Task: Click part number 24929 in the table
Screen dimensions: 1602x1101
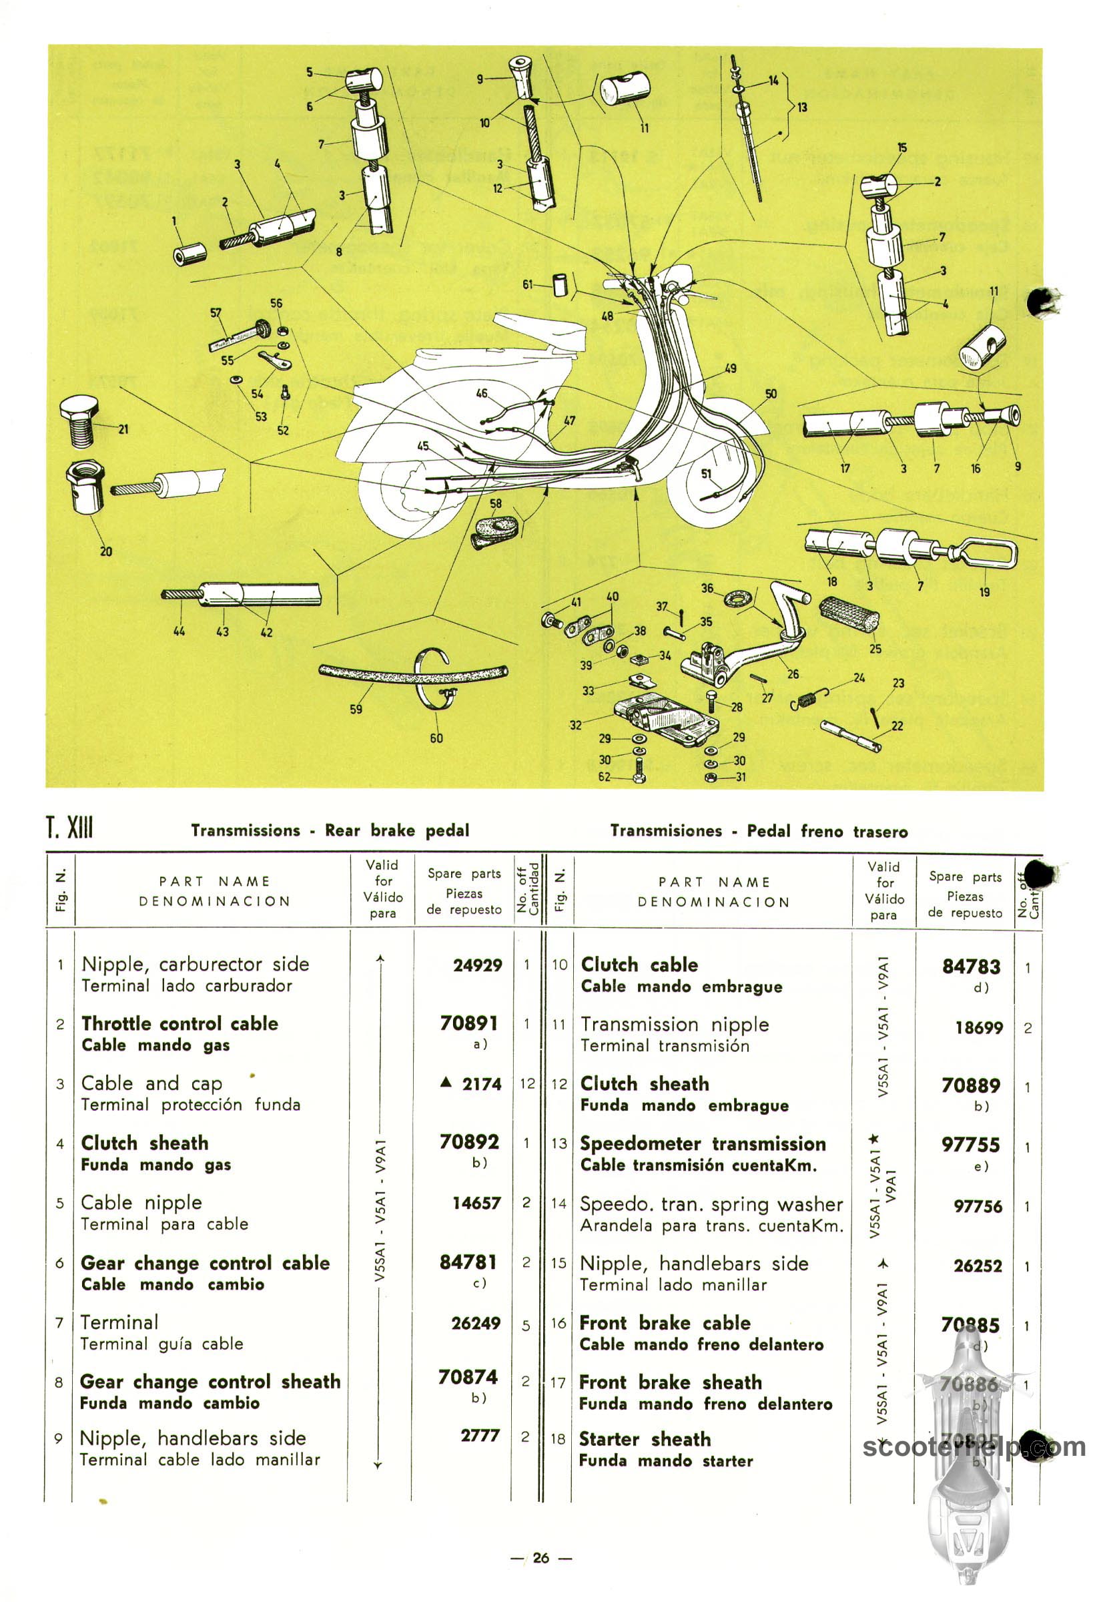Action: (477, 965)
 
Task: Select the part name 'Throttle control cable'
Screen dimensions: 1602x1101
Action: (179, 1023)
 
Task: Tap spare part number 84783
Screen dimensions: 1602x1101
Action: (971, 967)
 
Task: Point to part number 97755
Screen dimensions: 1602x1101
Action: (971, 1145)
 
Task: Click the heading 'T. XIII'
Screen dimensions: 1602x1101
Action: (69, 827)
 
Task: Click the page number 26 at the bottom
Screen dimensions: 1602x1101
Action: (542, 1557)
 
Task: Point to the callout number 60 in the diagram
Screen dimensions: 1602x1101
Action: (436, 738)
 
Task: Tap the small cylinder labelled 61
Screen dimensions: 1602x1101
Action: (560, 284)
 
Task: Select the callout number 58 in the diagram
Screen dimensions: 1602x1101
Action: (495, 504)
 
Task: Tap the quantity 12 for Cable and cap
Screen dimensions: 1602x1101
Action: (527, 1083)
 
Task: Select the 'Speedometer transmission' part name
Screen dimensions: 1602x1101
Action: (702, 1144)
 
